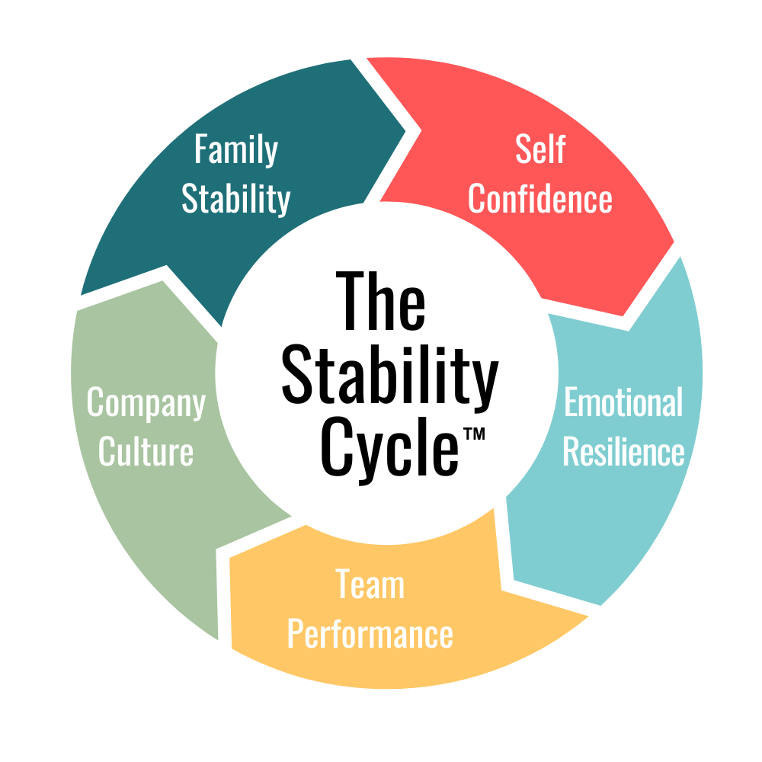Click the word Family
tap(235, 149)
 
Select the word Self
tap(539, 149)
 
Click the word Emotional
tap(623, 402)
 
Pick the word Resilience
tap(623, 452)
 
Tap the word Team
tap(370, 584)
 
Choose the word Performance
tap(370, 634)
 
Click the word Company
tap(146, 402)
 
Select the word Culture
tap(146, 452)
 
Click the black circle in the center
tap(386, 373)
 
